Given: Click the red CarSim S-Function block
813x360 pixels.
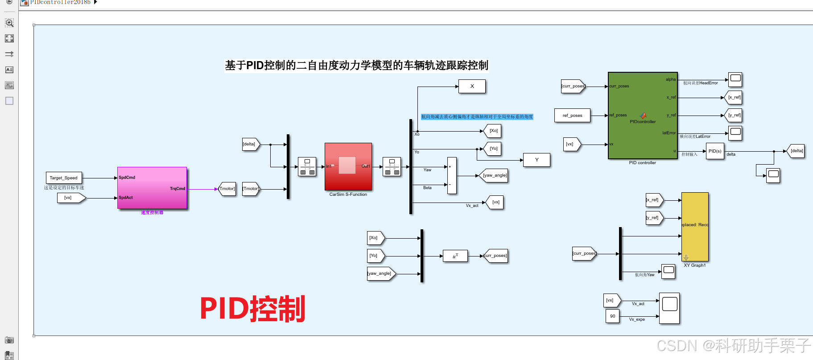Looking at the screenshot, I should [348, 166].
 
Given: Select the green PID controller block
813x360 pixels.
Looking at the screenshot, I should [643, 116].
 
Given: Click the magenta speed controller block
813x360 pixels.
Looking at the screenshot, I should [152, 188].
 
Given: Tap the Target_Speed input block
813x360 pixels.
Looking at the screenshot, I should [64, 178].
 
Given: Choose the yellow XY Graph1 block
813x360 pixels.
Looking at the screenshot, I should [695, 227].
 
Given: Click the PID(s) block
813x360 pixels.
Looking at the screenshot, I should [715, 151].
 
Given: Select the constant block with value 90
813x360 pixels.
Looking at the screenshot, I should [612, 316].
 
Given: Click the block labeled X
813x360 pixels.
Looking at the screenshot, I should [472, 87].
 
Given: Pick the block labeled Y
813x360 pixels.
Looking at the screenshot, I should [536, 160].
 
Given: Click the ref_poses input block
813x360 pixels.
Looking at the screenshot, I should [572, 116].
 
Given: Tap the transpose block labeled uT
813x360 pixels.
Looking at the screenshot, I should [455, 256].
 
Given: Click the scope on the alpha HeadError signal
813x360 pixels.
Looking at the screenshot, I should [735, 79].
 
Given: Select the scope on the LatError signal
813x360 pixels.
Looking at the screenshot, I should [735, 132].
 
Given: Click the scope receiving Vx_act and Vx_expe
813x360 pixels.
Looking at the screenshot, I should [669, 308].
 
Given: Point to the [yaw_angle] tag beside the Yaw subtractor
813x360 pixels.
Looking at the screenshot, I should [494, 175].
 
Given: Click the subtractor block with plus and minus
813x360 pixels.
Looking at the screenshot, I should [452, 175].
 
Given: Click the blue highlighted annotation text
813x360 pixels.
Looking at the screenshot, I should [477, 117].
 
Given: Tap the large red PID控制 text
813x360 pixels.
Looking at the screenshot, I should [252, 309].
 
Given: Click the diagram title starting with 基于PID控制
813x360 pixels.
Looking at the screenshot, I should [356, 66].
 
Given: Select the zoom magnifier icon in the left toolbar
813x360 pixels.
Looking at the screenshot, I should [9, 23].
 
